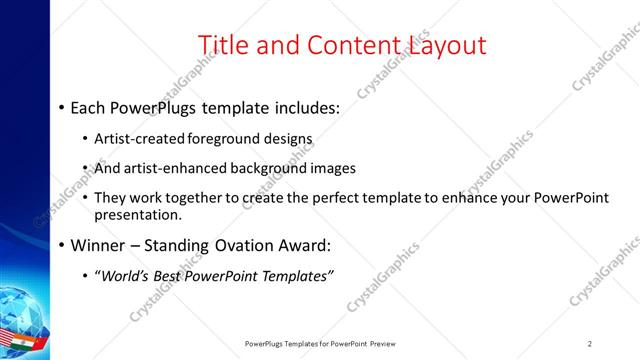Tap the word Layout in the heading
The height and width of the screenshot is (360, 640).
[x=446, y=46]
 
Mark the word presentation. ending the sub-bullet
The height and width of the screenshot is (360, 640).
[x=138, y=214]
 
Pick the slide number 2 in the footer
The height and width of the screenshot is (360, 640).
[x=589, y=343]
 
